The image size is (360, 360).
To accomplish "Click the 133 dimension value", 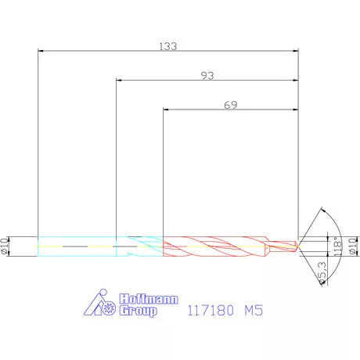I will click(167, 46).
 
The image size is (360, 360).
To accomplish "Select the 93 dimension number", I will click(207, 75).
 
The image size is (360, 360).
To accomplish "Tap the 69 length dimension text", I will click(230, 104).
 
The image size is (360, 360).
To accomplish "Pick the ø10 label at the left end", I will click(6, 246).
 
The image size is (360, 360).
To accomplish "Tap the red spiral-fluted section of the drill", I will click(211, 246).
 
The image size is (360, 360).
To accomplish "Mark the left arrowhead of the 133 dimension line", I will click(41, 52).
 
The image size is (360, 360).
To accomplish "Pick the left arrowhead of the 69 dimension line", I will click(166, 110).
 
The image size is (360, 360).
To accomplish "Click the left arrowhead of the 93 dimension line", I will click(118, 81).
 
